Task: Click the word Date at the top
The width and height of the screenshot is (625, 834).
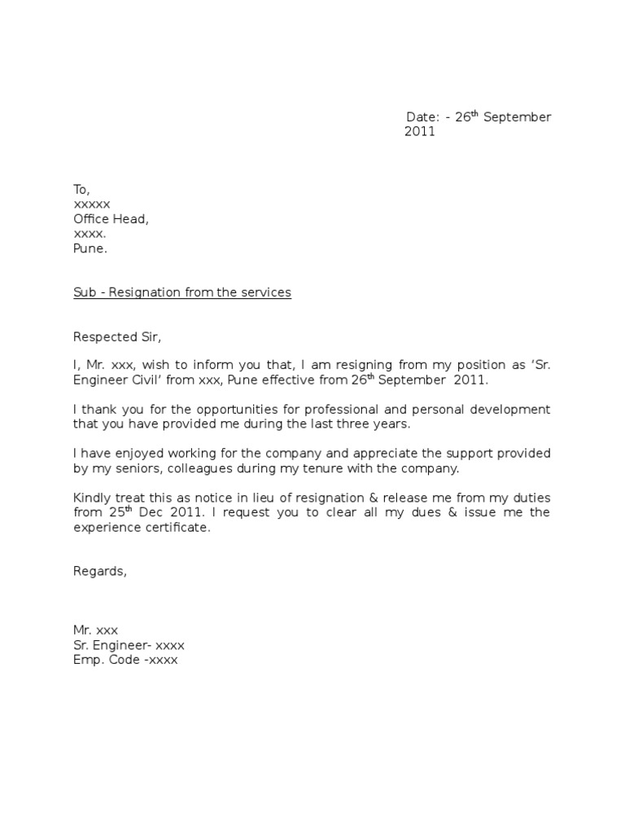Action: click(421, 117)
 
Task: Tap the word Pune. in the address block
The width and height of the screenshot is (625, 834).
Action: click(90, 248)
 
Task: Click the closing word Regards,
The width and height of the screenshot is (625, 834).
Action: click(100, 571)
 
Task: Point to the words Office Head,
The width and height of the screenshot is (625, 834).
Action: click(111, 219)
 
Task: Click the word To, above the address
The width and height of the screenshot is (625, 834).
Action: click(81, 190)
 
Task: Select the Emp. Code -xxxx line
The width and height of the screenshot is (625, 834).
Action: click(125, 660)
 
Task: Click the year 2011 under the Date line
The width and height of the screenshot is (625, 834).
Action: click(420, 132)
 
